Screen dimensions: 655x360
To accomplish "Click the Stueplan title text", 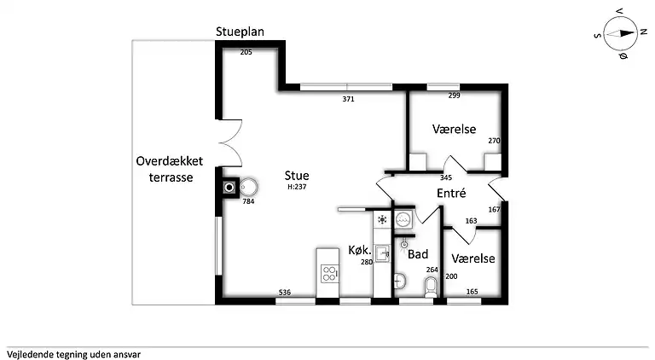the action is tap(240, 32).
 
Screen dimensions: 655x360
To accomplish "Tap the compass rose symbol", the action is tap(620, 34).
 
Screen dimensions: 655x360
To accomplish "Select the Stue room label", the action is tap(297, 176).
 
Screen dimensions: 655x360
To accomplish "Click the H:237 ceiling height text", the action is tap(297, 187).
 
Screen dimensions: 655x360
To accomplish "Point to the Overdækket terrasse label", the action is tap(170, 169).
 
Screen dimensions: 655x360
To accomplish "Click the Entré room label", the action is tap(451, 193).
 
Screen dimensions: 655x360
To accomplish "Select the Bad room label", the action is tap(418, 254).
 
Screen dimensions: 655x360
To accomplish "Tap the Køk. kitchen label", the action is tap(360, 250).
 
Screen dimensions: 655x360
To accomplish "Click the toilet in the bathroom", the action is tap(431, 287).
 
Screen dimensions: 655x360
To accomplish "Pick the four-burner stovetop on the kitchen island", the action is tap(329, 273).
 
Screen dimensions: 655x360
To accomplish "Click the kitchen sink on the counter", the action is tap(382, 253).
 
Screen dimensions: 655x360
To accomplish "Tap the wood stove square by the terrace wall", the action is tap(229, 188).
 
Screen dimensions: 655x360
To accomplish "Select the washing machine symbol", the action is tap(403, 219).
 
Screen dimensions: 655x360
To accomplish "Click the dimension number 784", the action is tap(248, 201).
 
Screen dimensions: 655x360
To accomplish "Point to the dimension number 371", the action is tap(348, 99).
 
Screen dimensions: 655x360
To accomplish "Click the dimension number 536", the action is tap(285, 293).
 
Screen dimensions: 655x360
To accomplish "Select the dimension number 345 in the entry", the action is tap(446, 177).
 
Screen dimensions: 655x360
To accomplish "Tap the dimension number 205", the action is tap(246, 52).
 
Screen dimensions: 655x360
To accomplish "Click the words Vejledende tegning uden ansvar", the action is tap(73, 355).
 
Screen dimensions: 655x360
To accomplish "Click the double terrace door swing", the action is tap(230, 142).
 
